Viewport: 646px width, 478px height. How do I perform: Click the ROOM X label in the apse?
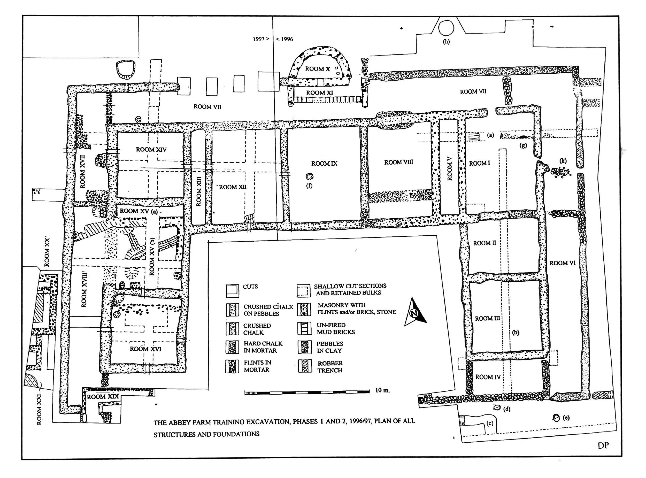(317, 69)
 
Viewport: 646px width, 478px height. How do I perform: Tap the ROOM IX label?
(324, 164)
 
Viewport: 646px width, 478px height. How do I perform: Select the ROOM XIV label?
(151, 150)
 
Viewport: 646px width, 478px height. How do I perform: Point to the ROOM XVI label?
(145, 349)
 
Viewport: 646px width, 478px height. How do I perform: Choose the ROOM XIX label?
(103, 397)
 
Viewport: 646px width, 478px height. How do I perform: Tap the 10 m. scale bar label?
(382, 390)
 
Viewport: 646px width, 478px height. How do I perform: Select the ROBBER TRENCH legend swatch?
(305, 366)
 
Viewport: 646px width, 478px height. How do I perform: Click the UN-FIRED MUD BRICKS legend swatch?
(305, 328)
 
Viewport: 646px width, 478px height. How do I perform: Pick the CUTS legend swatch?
(233, 290)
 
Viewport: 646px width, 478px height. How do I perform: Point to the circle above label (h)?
(446, 28)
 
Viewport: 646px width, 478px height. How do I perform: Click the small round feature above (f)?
(310, 176)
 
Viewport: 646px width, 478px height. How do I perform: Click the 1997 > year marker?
(261, 39)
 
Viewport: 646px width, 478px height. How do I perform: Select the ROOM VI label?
(562, 263)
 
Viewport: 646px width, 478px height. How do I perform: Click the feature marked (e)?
(556, 418)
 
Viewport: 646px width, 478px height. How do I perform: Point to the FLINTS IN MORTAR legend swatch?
(232, 366)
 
